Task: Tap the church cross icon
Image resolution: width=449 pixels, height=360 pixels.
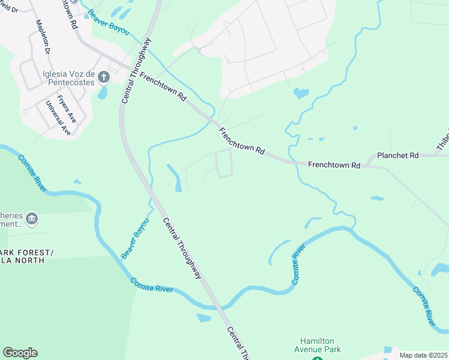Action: pyautogui.click(x=104, y=77)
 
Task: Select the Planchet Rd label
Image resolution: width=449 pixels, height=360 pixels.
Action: pyautogui.click(x=397, y=155)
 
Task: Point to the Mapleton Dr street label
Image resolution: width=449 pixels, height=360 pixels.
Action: pyautogui.click(x=43, y=37)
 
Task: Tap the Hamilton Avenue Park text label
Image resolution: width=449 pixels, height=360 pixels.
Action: pyautogui.click(x=317, y=344)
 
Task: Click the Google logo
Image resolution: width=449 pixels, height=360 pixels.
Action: pyautogui.click(x=20, y=353)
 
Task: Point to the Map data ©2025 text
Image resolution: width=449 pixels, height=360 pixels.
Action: pyautogui.click(x=423, y=355)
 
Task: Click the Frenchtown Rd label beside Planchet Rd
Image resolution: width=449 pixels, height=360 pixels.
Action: pyautogui.click(x=334, y=164)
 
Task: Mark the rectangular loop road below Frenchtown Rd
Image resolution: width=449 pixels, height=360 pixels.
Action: pyautogui.click(x=224, y=163)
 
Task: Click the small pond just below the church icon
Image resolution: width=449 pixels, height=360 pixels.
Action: pyautogui.click(x=103, y=93)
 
